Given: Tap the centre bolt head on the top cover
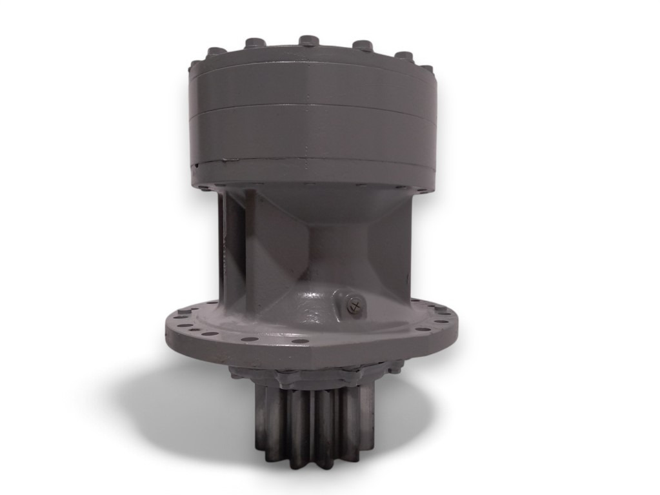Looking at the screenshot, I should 308,41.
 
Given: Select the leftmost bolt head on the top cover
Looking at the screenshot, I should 195,65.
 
